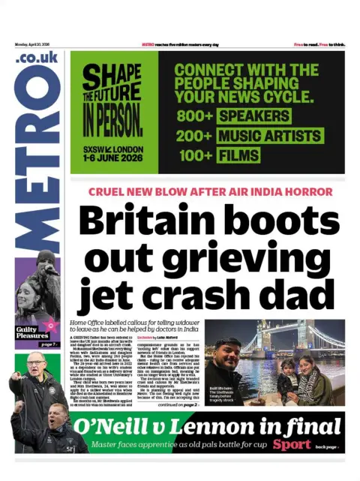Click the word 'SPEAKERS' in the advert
coord(253,117)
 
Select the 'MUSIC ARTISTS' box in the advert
coord(272,137)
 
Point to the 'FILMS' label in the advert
coord(238,156)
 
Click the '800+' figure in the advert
coord(194,117)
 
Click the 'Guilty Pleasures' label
coord(33,332)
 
